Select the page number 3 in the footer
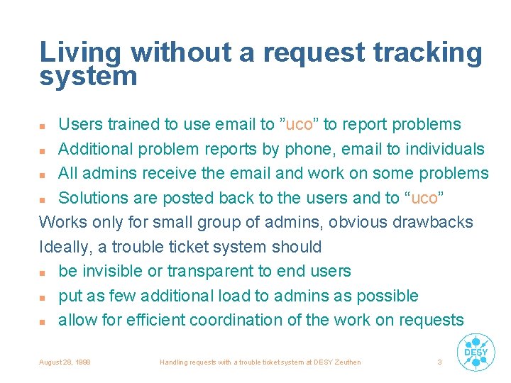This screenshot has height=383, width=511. tap(439, 362)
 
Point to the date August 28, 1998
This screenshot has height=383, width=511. tap(65, 362)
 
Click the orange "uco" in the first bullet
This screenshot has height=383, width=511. tap(298, 125)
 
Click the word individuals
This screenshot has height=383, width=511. tap(444, 149)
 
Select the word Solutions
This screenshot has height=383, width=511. tap(91, 198)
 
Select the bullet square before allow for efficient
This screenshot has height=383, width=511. tap(44, 321)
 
